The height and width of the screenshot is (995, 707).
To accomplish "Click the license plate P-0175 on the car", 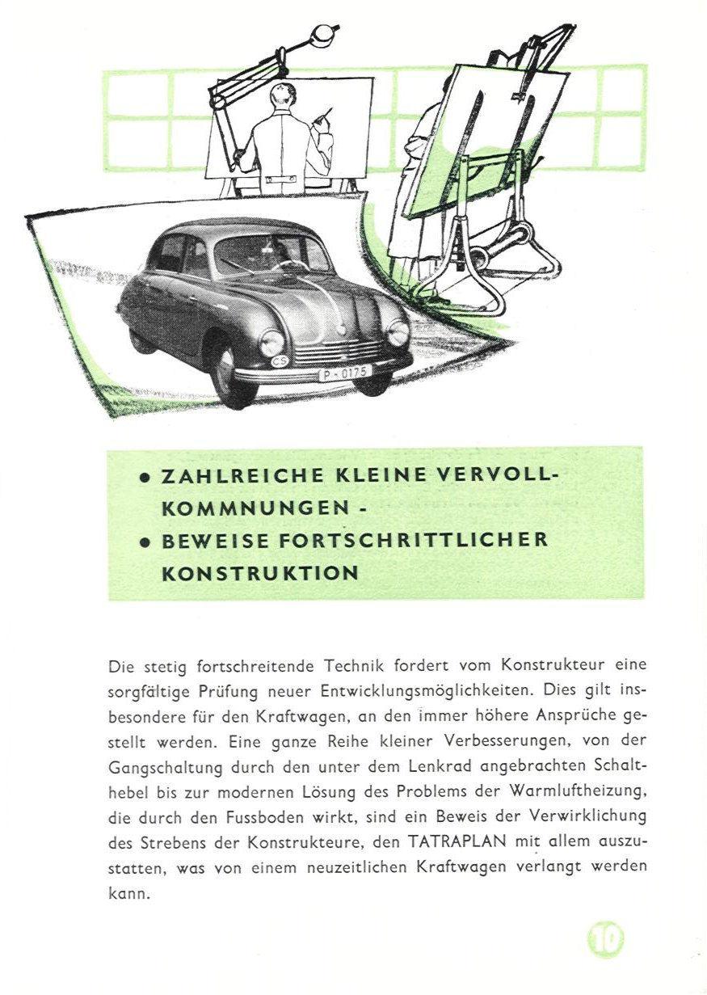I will pos(345,373).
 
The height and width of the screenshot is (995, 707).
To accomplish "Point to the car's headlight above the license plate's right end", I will pos(398,331).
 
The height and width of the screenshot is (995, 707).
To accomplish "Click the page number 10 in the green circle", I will pos(605,940).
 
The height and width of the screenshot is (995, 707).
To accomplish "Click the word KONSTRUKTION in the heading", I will pos(260,573).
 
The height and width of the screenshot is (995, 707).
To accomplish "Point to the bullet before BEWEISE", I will pos(145,543).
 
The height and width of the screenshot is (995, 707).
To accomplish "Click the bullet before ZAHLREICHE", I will pos(145,479).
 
